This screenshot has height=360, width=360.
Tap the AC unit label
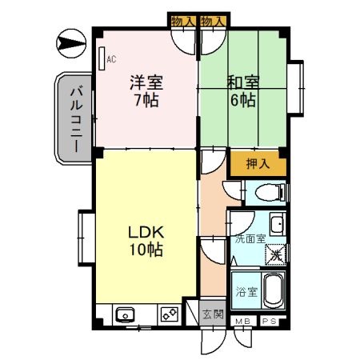(x=111, y=58)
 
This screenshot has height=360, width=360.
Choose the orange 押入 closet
(x=258, y=164)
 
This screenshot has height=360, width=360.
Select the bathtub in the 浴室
(x=272, y=291)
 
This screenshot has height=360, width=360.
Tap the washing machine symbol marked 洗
(x=274, y=254)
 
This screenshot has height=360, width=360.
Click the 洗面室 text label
(x=248, y=238)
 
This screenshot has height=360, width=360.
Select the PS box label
(x=269, y=322)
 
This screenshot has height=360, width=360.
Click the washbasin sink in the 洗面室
(x=276, y=224)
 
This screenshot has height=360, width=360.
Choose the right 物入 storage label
(x=211, y=21)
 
